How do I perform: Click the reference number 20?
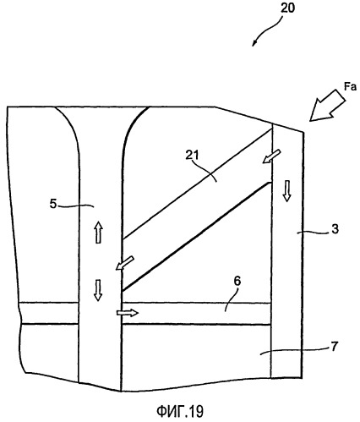click(x=287, y=8)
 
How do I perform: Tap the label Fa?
click(x=351, y=87)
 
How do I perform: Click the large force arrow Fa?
click(x=327, y=106)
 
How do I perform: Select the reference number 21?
click(x=192, y=155)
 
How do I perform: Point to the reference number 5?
click(x=53, y=204)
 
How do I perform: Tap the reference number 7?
click(x=334, y=347)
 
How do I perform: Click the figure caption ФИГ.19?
click(x=180, y=412)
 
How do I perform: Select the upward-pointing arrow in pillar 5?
click(x=98, y=233)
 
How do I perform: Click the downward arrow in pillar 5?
click(x=98, y=290)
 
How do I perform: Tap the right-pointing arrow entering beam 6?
click(x=128, y=313)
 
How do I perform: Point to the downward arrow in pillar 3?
click(x=286, y=191)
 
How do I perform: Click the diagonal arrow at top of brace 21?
click(x=271, y=156)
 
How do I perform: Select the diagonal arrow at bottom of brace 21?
click(x=125, y=263)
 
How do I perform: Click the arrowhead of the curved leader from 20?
click(x=254, y=44)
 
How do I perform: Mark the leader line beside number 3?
click(x=314, y=232)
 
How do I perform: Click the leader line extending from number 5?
click(x=76, y=206)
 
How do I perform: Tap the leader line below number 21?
click(x=208, y=172)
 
